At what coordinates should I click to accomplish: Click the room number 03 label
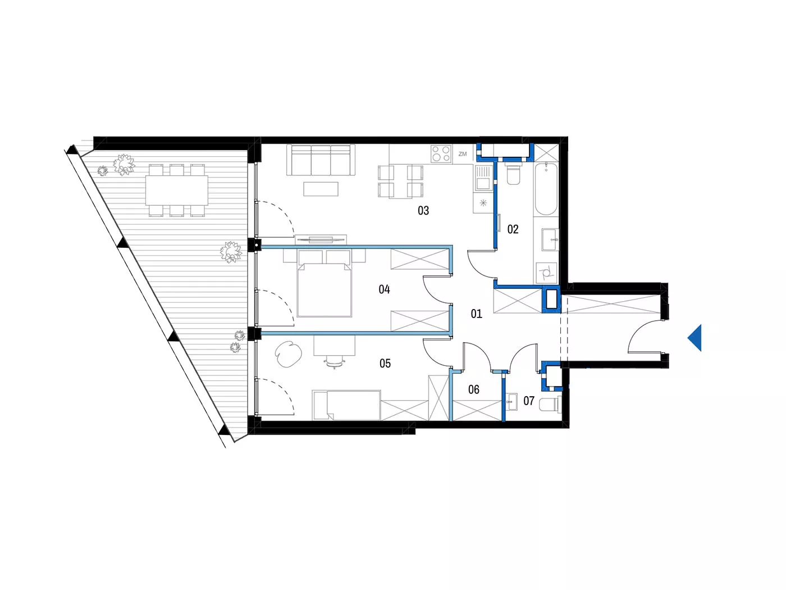pos(423,211)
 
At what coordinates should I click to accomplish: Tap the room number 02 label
pos(513,229)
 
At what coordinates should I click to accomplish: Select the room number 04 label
pos(384,289)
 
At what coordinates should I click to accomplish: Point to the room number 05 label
pos(385,364)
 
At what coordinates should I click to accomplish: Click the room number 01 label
pos(476,314)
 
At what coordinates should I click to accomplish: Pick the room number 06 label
pos(474,390)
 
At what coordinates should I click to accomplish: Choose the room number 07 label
pos(529,401)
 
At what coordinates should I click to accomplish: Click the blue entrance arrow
pos(694,338)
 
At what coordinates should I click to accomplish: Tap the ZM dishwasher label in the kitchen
pos(463,154)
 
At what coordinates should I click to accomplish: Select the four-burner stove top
pos(441,153)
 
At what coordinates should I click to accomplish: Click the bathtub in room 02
pos(546,189)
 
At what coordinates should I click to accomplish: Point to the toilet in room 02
pos(513,175)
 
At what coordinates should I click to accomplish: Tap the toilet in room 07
pos(550,405)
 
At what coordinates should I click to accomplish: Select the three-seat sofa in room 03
pos(321,160)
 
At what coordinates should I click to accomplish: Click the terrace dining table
pos(177,190)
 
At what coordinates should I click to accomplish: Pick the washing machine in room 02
pos(546,273)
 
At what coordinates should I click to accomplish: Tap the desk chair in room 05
pos(335,362)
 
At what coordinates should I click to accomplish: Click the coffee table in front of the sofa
pos(321,189)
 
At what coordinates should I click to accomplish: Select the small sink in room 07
pos(511,402)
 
